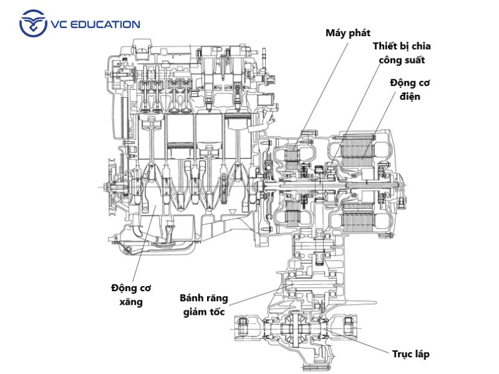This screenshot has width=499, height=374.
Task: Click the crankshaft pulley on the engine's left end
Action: point(113,185)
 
